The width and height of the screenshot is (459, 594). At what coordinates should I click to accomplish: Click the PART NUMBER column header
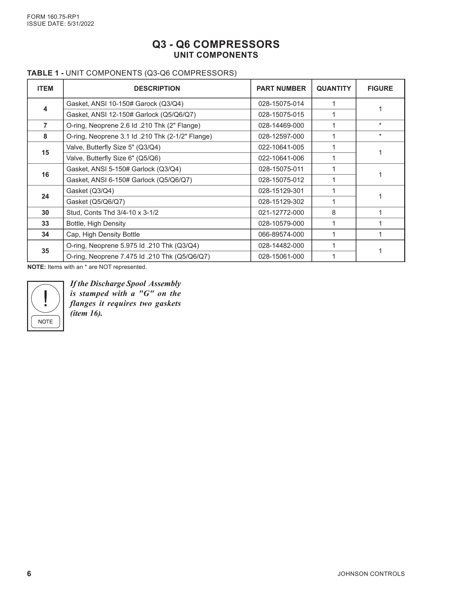pyautogui.click(x=281, y=88)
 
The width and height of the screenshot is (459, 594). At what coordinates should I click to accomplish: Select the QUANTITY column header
pyautogui.click(x=334, y=88)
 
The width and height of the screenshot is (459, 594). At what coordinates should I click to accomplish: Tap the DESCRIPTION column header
pyautogui.click(x=157, y=88)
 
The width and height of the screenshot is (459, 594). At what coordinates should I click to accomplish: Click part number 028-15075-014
pyautogui.click(x=281, y=104)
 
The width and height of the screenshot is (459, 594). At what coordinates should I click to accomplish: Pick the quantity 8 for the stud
pyautogui.click(x=334, y=213)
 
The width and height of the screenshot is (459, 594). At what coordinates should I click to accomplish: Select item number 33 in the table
pyautogui.click(x=45, y=223)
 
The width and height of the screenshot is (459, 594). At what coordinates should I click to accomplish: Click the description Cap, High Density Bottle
pyautogui.click(x=103, y=234)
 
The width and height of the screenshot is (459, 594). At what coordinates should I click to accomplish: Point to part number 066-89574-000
pyautogui.click(x=281, y=234)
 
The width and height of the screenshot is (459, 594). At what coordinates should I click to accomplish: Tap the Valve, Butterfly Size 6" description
pyautogui.click(x=113, y=158)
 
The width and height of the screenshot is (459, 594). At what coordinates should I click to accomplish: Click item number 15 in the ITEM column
pyautogui.click(x=45, y=152)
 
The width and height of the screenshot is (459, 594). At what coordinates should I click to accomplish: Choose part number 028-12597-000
pyautogui.click(x=281, y=136)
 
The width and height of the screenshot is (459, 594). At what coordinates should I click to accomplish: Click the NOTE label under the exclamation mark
pyautogui.click(x=45, y=321)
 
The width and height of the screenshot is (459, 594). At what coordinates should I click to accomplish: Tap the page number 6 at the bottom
pyautogui.click(x=29, y=574)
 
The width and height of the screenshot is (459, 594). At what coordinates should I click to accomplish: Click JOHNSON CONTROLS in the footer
pyautogui.click(x=371, y=574)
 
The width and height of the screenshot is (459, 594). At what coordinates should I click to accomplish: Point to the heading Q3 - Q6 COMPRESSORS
pyautogui.click(x=216, y=44)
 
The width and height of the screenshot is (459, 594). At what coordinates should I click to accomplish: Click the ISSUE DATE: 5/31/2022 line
pyautogui.click(x=60, y=24)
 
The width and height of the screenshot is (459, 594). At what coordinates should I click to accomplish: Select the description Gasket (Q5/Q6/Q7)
pyautogui.click(x=95, y=202)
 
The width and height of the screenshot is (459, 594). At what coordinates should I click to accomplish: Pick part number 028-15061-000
pyautogui.click(x=281, y=256)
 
